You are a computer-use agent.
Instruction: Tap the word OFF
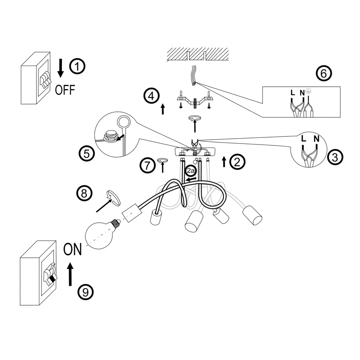(x=65, y=90)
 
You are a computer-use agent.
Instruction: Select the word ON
(x=72, y=249)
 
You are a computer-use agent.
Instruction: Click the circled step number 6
(x=323, y=73)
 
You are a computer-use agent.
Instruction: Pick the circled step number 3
(x=335, y=157)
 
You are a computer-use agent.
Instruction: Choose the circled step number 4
(x=151, y=96)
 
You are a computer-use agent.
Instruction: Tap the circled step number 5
(x=86, y=154)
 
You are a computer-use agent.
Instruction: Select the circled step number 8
(x=84, y=194)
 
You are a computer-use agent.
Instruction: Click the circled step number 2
(x=237, y=162)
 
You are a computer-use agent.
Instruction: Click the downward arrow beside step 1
(x=61, y=68)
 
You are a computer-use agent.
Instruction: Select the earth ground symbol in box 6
(x=308, y=92)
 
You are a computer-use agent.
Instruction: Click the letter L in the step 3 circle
(x=303, y=139)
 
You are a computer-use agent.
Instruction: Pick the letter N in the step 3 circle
(x=316, y=138)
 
